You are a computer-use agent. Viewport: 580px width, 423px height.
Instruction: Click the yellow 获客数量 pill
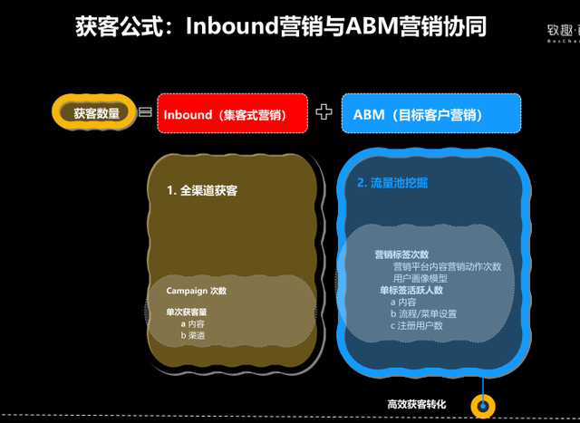96,113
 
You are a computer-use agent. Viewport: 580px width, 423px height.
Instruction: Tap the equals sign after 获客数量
144,113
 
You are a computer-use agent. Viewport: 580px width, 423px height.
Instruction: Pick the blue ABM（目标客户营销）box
431,114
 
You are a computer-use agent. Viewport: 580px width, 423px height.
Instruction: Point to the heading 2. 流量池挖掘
392,183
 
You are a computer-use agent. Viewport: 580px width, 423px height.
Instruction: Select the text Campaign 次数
196,291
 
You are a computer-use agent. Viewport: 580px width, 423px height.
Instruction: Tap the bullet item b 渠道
192,335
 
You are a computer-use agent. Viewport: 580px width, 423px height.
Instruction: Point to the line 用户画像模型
420,278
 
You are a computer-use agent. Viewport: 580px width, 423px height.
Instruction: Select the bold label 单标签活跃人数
411,290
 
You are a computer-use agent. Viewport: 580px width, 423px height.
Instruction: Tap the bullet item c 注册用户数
417,325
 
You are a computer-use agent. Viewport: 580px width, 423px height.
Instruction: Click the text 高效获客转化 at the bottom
416,404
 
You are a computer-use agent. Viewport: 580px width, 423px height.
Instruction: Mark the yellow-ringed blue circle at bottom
483,405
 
